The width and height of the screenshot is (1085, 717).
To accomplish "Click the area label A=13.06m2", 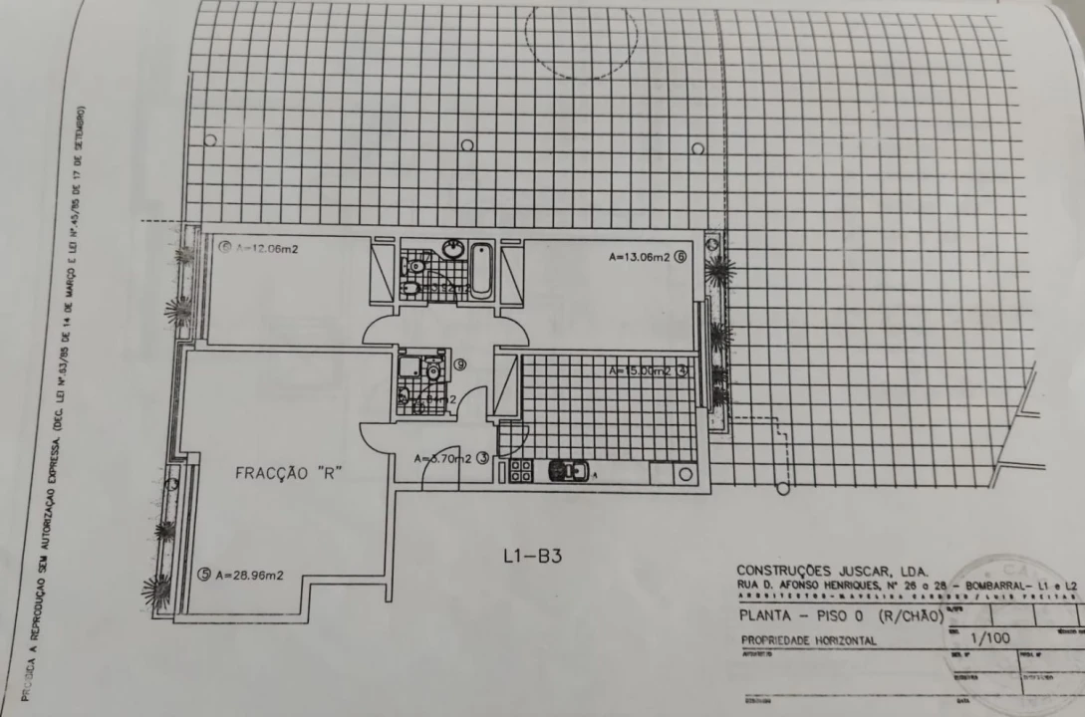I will [x=641, y=257].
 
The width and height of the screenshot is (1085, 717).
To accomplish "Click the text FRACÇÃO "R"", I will [x=289, y=474].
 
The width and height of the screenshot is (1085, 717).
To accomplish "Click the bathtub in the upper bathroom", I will [x=480, y=269].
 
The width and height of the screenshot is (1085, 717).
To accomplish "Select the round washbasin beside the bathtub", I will [x=453, y=249].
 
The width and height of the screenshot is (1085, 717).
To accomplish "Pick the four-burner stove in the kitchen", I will [x=521, y=470].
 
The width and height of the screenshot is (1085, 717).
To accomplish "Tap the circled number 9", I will [x=460, y=365].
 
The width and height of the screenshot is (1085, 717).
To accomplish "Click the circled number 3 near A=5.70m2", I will [x=482, y=459].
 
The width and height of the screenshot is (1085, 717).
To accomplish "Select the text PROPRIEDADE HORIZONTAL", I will [x=808, y=640].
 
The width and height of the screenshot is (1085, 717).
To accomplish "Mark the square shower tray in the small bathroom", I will [x=410, y=366].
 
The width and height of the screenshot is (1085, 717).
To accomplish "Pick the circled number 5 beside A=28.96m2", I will [x=204, y=574].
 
